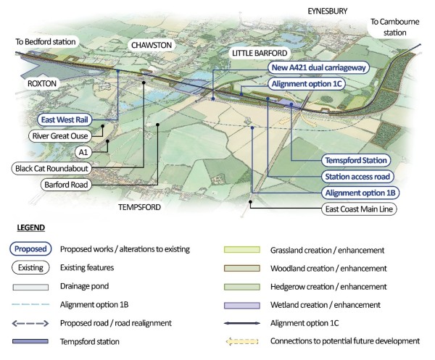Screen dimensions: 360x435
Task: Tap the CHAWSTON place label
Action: (x=151, y=45)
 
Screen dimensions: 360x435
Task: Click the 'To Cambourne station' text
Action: (x=396, y=27)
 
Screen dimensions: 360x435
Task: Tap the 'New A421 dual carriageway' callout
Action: (x=317, y=68)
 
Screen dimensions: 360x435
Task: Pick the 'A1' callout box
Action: (x=86, y=152)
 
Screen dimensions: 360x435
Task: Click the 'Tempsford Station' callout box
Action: (x=356, y=160)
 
